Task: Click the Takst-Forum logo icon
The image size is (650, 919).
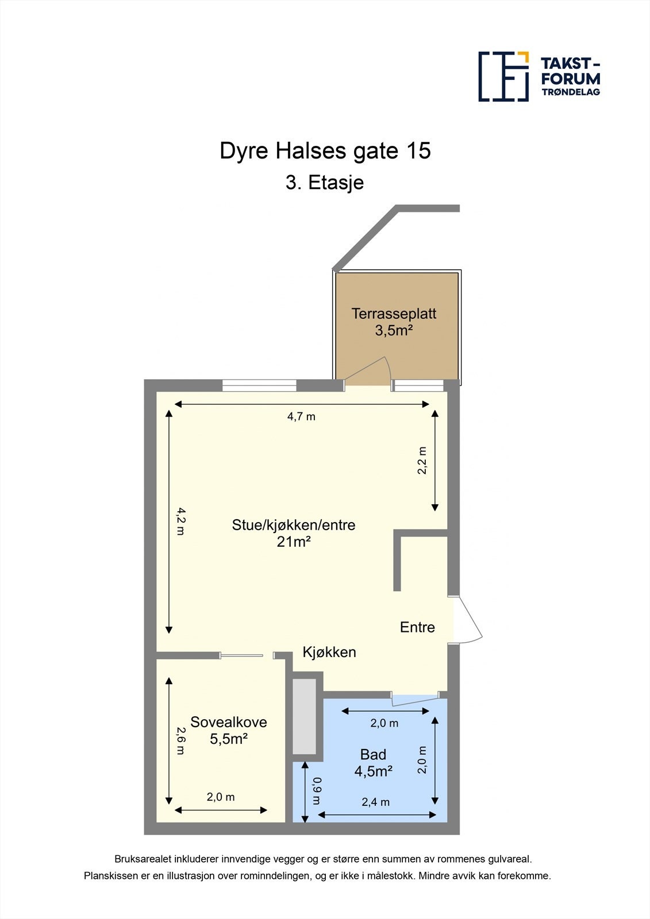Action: click(503, 76)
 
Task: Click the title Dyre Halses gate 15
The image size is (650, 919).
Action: click(325, 151)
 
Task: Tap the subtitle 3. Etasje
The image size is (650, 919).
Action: click(325, 183)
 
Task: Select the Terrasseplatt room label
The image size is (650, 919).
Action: click(394, 314)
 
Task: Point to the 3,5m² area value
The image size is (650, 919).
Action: click(394, 330)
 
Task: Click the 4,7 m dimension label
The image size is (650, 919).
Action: click(301, 416)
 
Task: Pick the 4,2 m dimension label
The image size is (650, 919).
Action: click(180, 522)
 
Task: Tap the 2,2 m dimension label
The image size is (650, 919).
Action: click(422, 460)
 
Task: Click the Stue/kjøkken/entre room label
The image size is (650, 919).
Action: click(294, 524)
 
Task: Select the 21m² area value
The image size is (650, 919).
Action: click(294, 541)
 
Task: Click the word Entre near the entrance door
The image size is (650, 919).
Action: click(417, 627)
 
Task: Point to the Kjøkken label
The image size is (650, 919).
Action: click(329, 652)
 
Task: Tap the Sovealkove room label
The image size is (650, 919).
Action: click(229, 722)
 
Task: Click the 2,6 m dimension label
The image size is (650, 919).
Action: click(180, 741)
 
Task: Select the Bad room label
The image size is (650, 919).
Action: click(373, 754)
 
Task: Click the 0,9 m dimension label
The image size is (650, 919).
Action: click(316, 791)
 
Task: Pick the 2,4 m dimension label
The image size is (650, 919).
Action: click(375, 802)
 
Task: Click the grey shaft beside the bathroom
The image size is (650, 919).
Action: click(305, 716)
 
